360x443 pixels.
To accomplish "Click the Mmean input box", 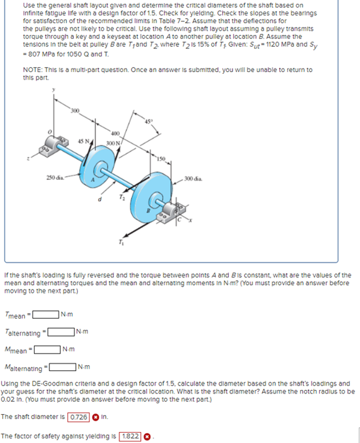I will [48, 349].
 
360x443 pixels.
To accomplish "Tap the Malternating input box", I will [63, 367].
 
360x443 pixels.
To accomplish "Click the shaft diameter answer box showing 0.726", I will [78, 416].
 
